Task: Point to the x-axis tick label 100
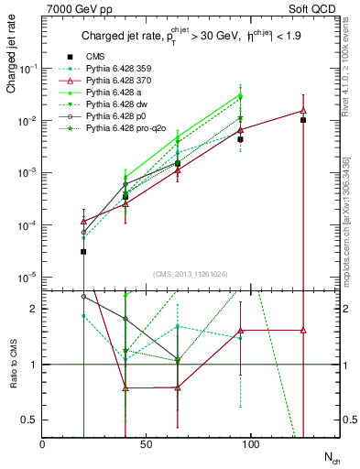point(250,444)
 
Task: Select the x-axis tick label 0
point(42,444)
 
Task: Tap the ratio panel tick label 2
point(33,310)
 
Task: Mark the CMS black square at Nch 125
point(303,120)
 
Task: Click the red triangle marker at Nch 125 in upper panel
point(303,111)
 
